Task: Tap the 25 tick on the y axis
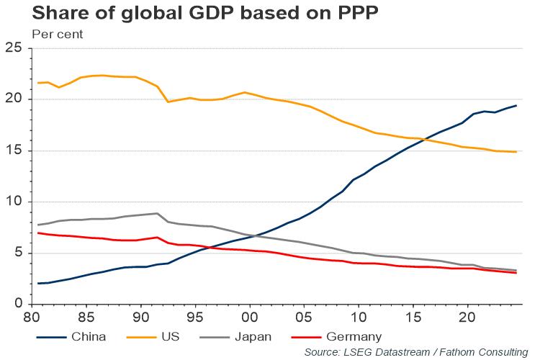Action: click(x=15, y=48)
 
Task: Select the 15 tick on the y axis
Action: click(x=15, y=150)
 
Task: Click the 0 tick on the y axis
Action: click(x=19, y=304)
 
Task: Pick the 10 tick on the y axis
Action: click(x=15, y=202)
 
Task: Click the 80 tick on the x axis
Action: click(x=32, y=317)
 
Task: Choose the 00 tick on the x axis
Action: click(x=250, y=317)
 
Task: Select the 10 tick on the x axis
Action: click(x=359, y=317)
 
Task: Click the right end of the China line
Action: click(x=516, y=106)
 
